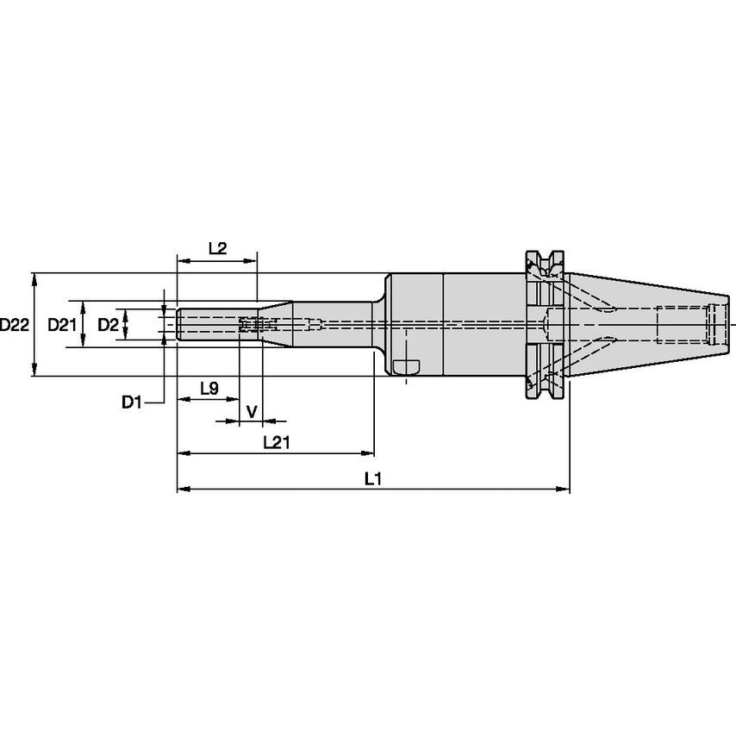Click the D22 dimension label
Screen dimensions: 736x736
14,325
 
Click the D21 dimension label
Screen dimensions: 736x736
62,325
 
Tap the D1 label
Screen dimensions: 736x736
130,402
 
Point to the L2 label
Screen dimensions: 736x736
216,248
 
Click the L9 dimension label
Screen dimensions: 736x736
208,389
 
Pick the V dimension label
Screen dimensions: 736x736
252,412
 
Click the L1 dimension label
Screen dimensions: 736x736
372,479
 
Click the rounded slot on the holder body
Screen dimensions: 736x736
405,368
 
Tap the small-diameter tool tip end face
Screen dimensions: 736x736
178,325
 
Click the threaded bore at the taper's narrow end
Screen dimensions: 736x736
717,324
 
